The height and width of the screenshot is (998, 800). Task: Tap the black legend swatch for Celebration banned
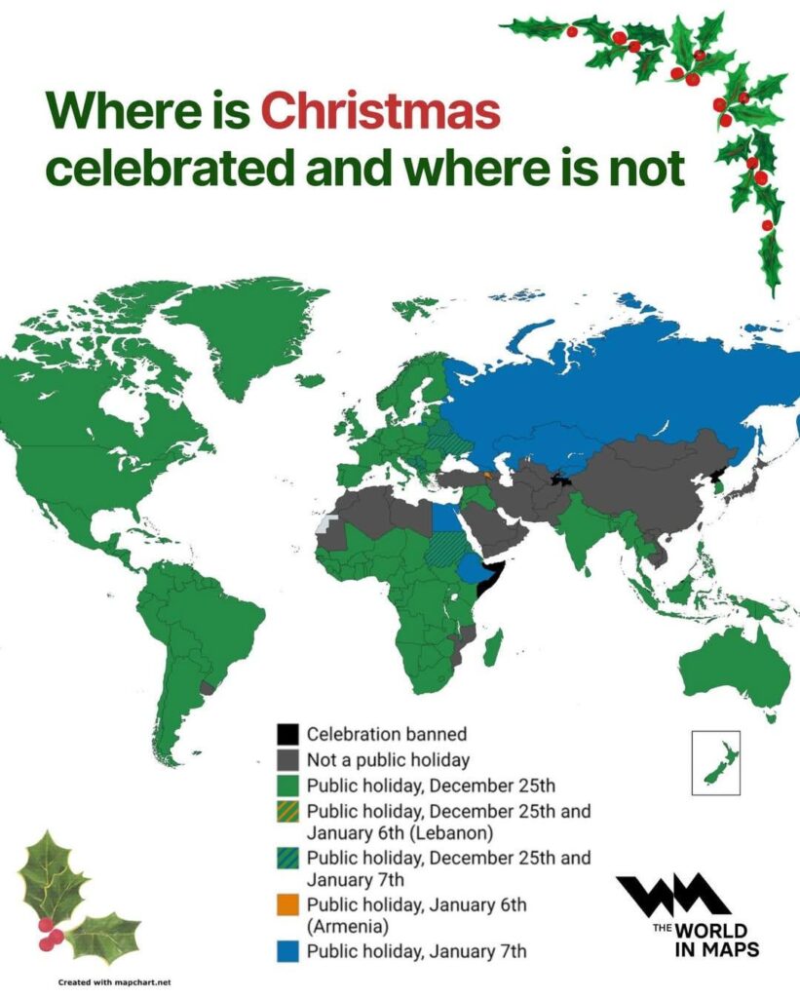[286, 734]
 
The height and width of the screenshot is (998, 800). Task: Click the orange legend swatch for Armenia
[286, 904]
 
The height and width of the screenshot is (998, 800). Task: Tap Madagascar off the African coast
[493, 648]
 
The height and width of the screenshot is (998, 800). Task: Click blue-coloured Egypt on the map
[447, 516]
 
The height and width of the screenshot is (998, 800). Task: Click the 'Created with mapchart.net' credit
[108, 981]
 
